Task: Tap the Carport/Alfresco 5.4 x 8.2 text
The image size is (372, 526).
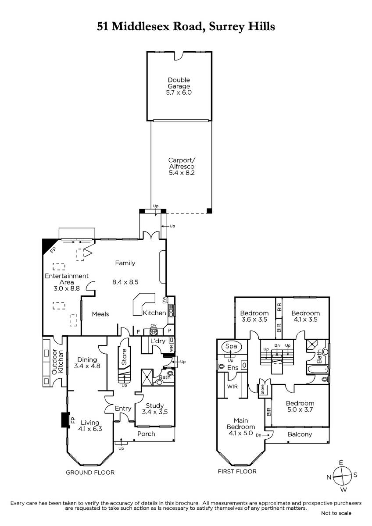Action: click(x=182, y=167)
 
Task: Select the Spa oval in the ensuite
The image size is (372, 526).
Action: click(x=231, y=346)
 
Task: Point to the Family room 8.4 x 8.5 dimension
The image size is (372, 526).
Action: click(x=125, y=282)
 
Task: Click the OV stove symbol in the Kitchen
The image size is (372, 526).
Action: click(x=154, y=332)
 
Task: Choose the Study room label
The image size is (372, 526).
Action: click(x=154, y=405)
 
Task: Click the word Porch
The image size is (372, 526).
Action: click(x=146, y=434)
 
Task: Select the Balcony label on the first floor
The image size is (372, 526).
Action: click(x=300, y=434)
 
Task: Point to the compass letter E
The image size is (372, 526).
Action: click(x=341, y=463)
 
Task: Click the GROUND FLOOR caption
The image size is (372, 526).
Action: click(x=90, y=473)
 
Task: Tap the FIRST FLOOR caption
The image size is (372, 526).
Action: click(x=237, y=471)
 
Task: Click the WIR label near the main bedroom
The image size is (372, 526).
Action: click(x=232, y=387)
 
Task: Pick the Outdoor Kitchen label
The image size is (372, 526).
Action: click(x=57, y=362)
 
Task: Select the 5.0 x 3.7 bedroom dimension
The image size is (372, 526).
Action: click(x=300, y=409)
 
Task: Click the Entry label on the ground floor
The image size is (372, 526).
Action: click(x=123, y=409)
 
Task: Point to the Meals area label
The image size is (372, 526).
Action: click(x=100, y=314)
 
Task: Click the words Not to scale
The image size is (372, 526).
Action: click(x=336, y=513)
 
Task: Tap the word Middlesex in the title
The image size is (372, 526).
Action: click(x=141, y=26)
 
